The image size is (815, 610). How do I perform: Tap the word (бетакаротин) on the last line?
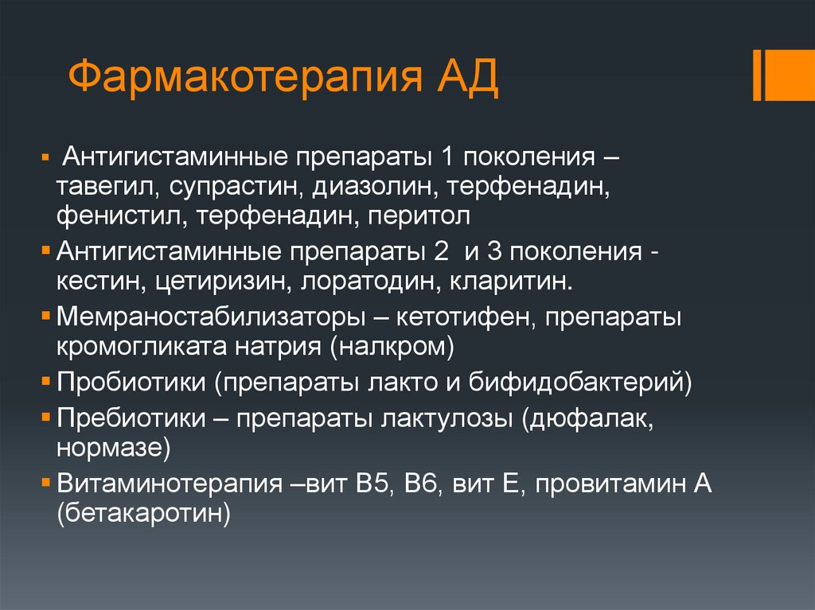point(143,513)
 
